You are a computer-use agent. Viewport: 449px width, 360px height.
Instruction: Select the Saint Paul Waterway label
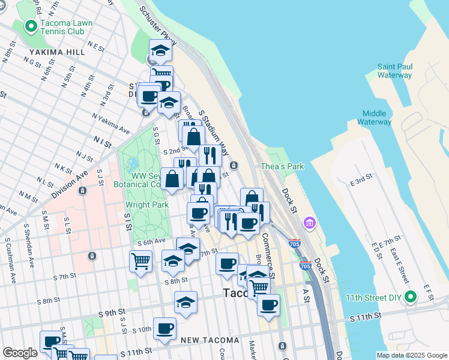click(394, 71)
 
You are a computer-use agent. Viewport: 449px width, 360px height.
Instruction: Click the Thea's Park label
click(282, 166)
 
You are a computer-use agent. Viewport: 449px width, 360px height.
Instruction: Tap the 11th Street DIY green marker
click(410, 297)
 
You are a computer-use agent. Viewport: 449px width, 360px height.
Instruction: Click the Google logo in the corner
click(20, 353)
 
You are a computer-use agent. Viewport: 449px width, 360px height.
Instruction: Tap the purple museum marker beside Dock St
click(310, 224)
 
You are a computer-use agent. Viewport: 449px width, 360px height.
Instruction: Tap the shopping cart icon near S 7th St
click(140, 261)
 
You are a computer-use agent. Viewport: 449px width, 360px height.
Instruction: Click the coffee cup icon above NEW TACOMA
click(164, 328)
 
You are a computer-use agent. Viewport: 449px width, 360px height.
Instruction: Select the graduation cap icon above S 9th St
click(185, 302)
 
